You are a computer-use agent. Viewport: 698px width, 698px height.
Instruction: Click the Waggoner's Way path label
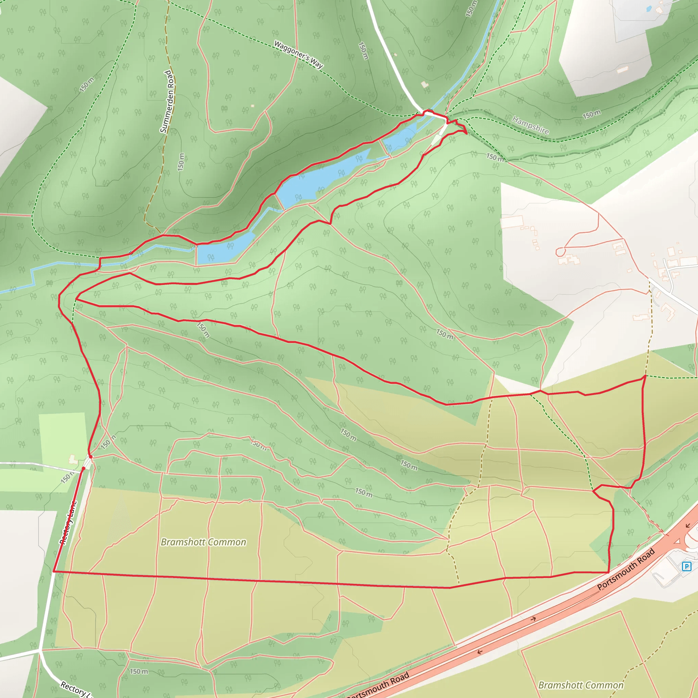point(299,55)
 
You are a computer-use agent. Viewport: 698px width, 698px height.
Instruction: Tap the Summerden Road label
point(167,102)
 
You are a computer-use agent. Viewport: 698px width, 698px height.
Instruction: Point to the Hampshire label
point(531,125)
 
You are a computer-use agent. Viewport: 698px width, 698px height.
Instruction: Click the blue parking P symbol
point(686,566)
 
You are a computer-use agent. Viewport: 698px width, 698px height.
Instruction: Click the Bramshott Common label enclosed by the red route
point(203,542)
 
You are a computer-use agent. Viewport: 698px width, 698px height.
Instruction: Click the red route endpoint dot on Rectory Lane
point(84,469)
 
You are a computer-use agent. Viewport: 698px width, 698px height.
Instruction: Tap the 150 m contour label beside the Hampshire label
point(592,115)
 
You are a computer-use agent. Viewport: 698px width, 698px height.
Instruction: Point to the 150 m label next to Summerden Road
point(181,162)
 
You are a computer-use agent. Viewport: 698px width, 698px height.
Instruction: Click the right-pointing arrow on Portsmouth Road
point(533,619)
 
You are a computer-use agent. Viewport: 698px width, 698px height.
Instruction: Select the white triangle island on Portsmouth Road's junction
point(678,541)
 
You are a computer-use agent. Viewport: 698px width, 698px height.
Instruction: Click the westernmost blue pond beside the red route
point(224,249)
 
